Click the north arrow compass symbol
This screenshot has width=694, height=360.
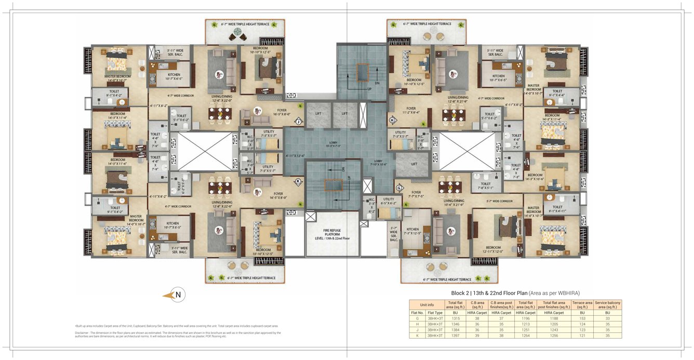click(174, 295)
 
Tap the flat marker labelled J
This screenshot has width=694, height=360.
click(298, 122)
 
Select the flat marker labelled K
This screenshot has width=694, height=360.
click(298, 181)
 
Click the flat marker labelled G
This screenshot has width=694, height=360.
click(399, 187)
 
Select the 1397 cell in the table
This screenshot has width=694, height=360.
click(455, 336)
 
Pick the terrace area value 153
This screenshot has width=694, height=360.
click(582, 318)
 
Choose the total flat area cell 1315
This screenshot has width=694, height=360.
click(455, 318)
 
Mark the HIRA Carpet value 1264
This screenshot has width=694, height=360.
click(526, 336)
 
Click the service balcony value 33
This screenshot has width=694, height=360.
click(607, 318)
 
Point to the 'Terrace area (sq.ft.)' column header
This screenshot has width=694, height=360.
click(582, 304)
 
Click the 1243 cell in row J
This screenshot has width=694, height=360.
click(554, 330)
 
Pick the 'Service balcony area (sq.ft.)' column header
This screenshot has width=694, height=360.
click(607, 304)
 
